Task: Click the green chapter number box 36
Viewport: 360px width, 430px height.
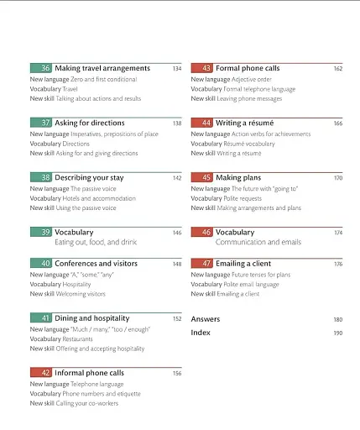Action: [41, 68]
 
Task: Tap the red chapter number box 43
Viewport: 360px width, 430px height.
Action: [202, 68]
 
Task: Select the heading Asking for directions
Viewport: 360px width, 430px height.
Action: [90, 123]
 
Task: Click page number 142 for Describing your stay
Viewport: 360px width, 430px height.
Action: [177, 178]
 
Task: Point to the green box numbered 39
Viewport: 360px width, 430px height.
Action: [41, 232]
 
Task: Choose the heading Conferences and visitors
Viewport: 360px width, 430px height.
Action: [96, 263]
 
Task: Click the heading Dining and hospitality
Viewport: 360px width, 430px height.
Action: [92, 318]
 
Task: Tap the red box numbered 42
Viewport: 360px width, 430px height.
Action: [41, 372]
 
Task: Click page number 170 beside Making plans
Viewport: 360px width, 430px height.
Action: [338, 178]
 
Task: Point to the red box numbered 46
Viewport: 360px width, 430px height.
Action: [202, 232]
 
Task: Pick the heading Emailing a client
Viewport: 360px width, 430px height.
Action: [243, 263]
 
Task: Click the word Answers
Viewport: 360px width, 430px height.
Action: [206, 319]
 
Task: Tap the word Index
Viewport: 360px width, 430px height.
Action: [201, 333]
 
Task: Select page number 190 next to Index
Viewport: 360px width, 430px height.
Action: [338, 333]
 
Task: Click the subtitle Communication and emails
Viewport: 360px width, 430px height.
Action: [258, 242]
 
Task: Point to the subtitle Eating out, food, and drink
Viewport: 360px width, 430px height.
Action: [95, 242]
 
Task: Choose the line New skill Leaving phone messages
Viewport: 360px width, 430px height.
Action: [237, 98]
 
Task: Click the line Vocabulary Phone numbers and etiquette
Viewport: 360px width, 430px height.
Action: [85, 393]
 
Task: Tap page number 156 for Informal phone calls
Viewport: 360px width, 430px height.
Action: [177, 373]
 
